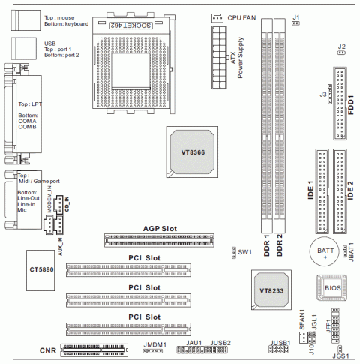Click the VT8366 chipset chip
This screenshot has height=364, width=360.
coord(192,152)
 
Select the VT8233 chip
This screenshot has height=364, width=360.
coord(271,290)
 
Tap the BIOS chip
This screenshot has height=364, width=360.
coord(331,287)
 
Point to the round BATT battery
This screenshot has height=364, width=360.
coord(325,252)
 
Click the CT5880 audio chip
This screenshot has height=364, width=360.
coord(40,270)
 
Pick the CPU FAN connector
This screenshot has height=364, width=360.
coord(217,18)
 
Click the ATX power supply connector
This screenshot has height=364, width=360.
coord(219,57)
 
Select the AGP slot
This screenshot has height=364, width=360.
coord(159,240)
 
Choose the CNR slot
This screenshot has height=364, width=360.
coord(94,350)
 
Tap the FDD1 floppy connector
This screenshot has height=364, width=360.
coord(340,104)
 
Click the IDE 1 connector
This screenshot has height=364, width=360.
coord(322,191)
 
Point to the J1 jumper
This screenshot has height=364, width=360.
coord(295,23)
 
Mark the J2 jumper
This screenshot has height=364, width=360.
coord(341,53)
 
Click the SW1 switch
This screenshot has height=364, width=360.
coord(234,253)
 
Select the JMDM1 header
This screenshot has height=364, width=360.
coord(153,351)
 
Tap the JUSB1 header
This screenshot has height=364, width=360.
coord(278,349)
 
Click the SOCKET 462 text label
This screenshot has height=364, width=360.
coord(130,26)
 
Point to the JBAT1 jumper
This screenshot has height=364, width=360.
coord(344,251)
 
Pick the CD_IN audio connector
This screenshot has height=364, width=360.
coord(59,205)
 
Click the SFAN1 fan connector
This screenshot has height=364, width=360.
coord(303,338)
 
